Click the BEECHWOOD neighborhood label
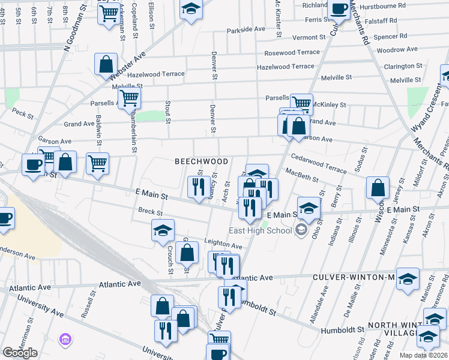201,162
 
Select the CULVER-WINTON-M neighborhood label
354,278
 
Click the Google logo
20,353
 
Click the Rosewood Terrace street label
292,53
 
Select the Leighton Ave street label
223,246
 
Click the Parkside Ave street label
246,29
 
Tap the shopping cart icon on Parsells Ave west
129,97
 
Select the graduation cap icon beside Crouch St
163,230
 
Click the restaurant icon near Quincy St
196,185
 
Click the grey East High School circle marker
301,229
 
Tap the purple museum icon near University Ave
64,340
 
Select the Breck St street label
150,212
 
